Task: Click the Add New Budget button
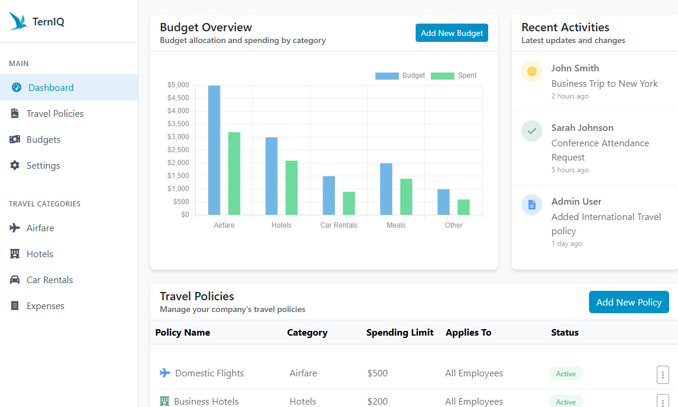[x=452, y=33]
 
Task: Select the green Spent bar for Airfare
[x=234, y=173]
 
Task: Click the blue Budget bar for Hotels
[x=271, y=176]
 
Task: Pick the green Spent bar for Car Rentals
[x=349, y=203]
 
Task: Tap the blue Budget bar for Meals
[x=386, y=189]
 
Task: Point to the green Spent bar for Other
[x=463, y=207]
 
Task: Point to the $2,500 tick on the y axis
[x=178, y=150]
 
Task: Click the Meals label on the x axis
[x=396, y=225]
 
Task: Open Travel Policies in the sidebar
[x=55, y=114]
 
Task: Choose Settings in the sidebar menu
[x=43, y=166]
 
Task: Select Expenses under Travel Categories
[x=45, y=306]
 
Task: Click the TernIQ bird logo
[x=18, y=22]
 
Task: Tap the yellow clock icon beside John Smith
[x=532, y=71]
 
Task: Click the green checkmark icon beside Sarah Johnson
[x=532, y=131]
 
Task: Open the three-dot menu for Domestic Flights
[x=663, y=374]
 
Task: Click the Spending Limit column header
[x=400, y=333]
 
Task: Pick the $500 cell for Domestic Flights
[x=377, y=373]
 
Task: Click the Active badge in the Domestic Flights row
[x=565, y=373]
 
